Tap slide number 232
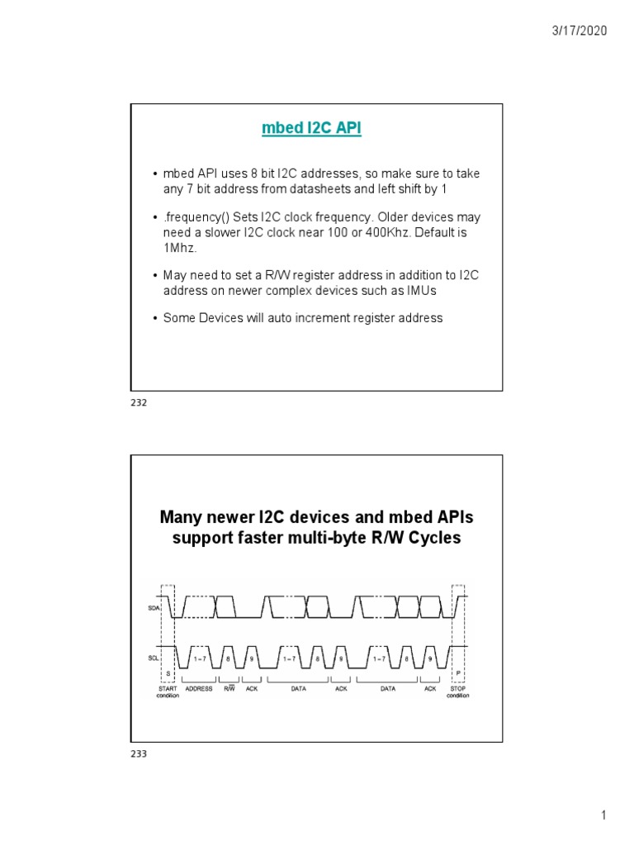[138, 402]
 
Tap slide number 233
[138, 753]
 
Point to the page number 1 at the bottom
[603, 816]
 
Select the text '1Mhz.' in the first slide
[177, 248]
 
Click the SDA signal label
[154, 607]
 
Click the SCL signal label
[154, 658]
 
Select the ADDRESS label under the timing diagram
[199, 688]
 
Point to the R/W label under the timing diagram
[229, 688]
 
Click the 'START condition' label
[168, 692]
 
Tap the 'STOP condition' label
[458, 692]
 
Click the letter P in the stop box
[458, 674]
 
